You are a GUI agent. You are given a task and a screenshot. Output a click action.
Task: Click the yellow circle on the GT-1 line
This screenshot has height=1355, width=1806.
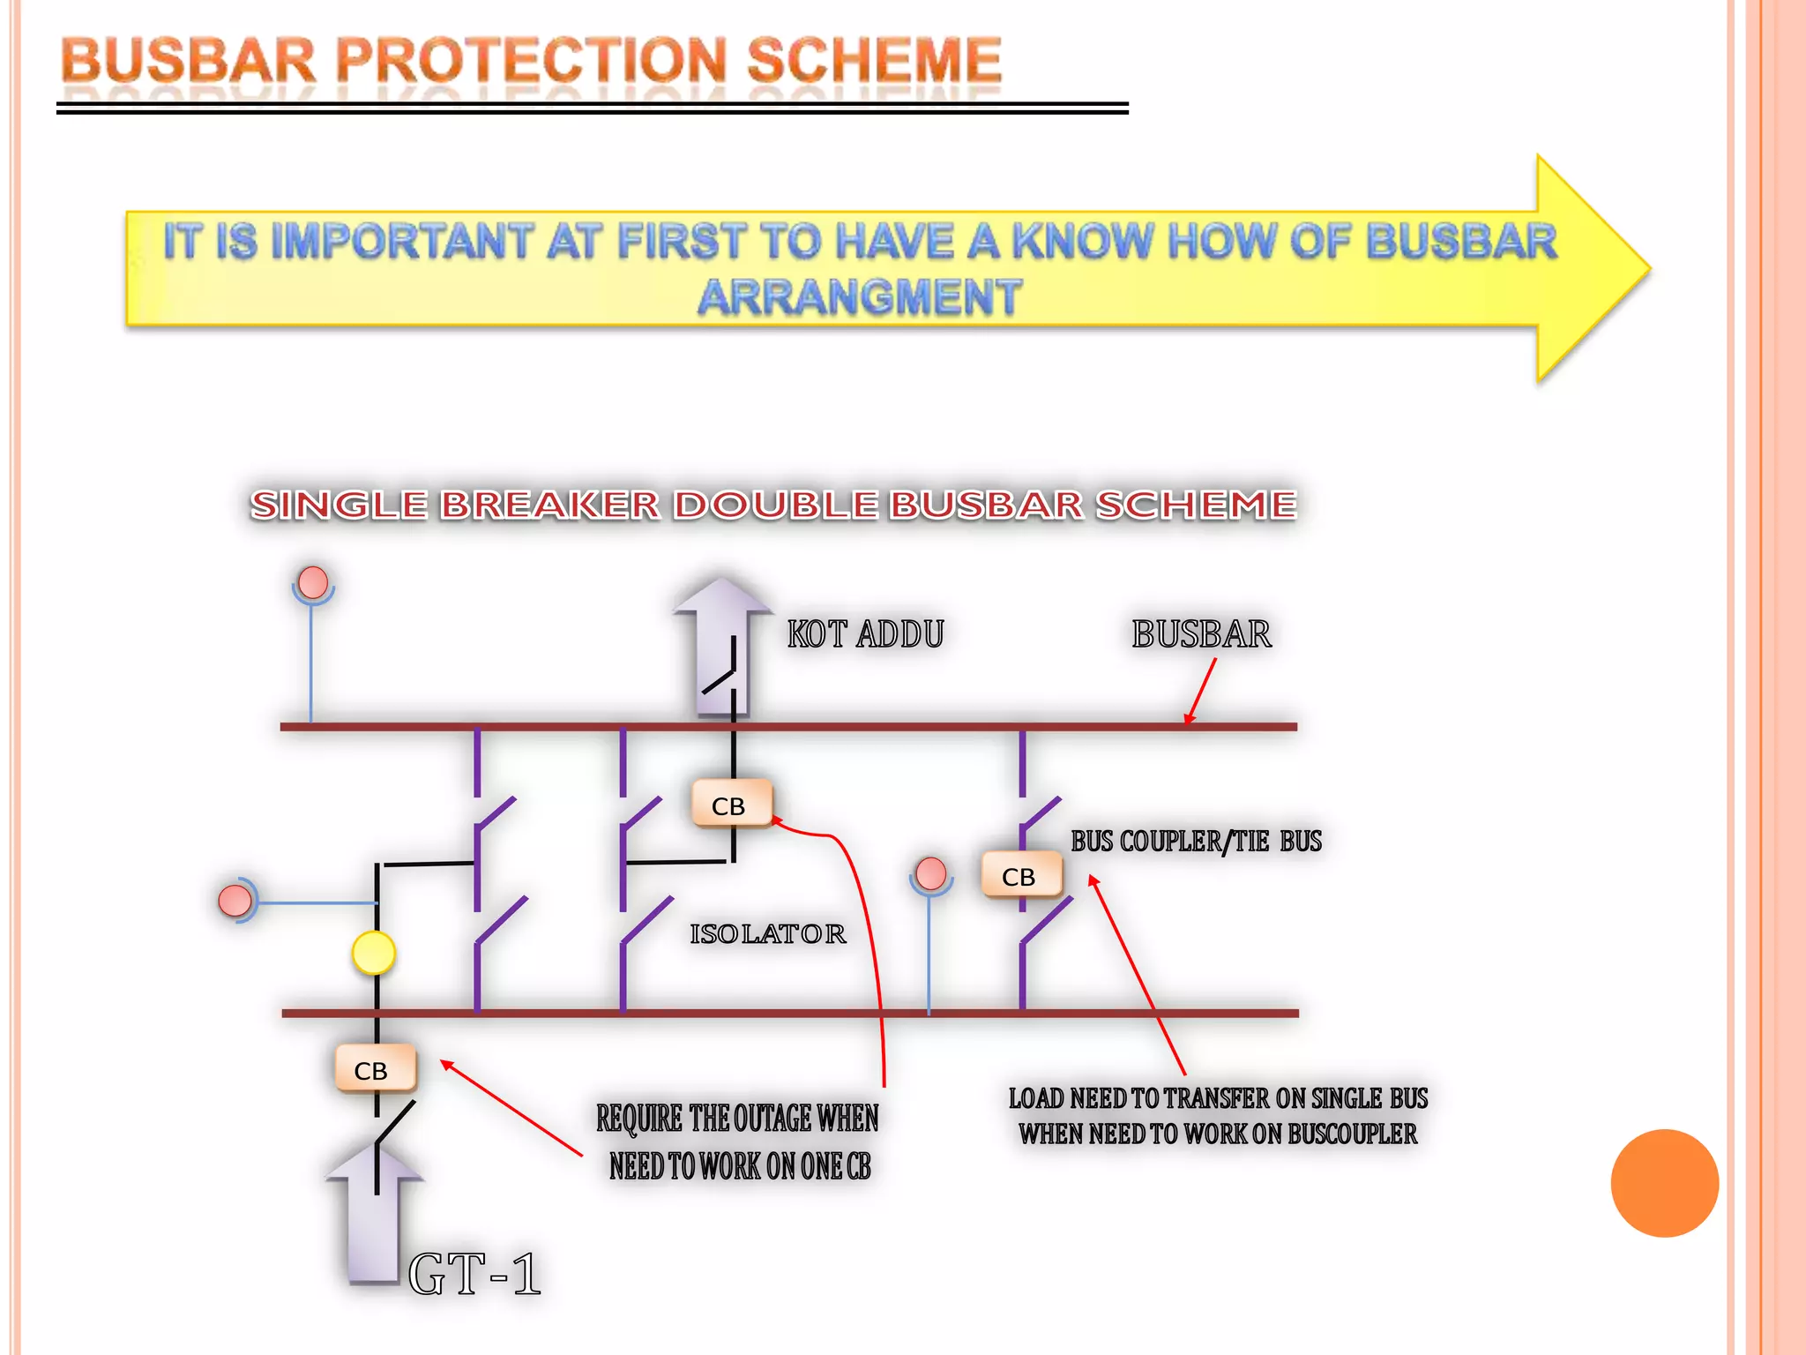374,954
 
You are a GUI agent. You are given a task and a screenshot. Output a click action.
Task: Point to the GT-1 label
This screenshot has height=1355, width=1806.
474,1275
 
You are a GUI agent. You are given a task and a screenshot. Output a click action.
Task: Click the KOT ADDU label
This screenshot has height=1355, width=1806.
865,634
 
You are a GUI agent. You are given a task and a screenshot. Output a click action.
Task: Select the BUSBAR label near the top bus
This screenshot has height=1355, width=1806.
1201,634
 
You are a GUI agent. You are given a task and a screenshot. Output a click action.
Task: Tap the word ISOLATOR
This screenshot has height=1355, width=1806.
767,933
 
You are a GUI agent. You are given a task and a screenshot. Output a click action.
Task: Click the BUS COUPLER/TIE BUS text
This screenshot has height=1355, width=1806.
1196,842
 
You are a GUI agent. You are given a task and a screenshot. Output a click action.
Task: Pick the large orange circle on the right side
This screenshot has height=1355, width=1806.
1664,1183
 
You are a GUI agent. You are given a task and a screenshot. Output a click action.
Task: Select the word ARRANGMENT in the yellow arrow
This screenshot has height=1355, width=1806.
860,296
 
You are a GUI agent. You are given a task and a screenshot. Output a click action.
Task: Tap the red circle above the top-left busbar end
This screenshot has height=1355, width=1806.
313,582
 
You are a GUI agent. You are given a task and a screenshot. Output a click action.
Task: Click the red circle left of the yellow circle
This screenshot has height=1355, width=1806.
235,900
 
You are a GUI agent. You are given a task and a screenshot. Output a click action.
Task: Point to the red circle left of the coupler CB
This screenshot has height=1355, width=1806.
931,873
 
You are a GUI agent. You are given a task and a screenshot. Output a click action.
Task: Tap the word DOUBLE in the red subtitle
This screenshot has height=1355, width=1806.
775,505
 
